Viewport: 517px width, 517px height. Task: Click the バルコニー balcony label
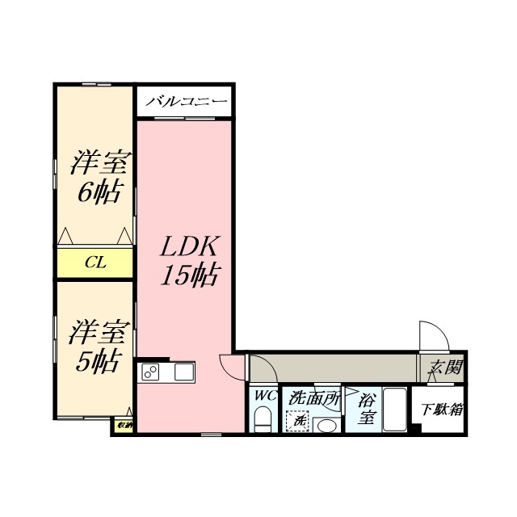coord(185,102)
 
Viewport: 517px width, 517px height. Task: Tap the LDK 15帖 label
coord(189,260)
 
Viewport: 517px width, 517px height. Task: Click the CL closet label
coord(95,262)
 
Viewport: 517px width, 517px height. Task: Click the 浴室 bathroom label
coord(368,408)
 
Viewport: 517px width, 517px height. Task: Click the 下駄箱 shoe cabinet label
coord(442,409)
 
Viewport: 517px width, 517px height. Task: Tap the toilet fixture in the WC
coord(263,419)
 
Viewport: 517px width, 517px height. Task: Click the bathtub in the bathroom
coord(394,411)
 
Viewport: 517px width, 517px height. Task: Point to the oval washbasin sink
coord(326,425)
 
